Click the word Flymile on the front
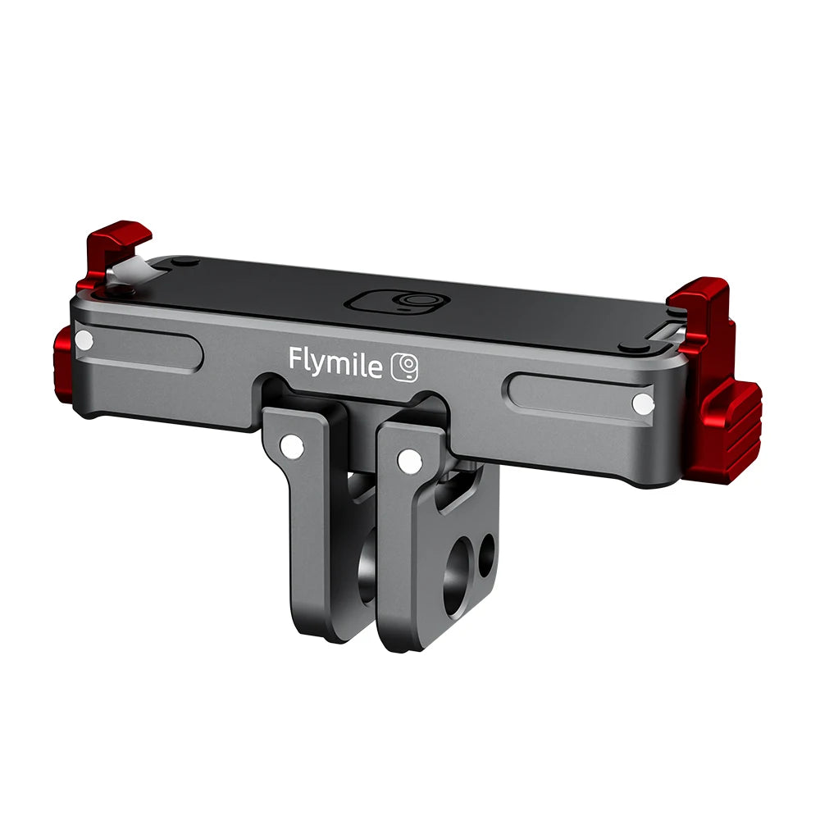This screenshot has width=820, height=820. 335,362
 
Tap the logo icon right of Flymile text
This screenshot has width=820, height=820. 405,367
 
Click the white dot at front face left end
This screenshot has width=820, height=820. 84,339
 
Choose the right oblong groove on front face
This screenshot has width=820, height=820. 574,396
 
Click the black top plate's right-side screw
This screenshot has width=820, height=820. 632,346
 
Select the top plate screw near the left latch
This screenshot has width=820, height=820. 186,262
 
